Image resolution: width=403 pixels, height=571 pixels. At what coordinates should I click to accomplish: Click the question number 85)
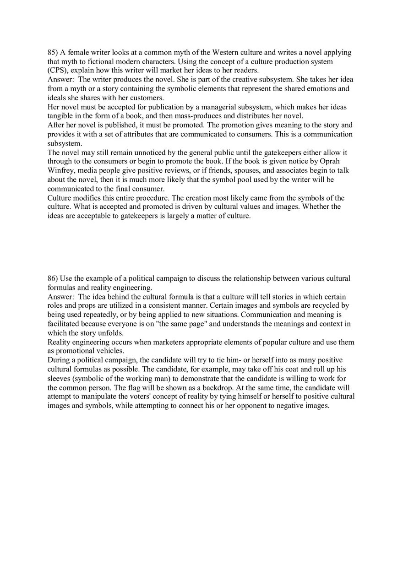point(53,53)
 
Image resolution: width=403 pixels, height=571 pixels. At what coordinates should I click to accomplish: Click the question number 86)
point(53,278)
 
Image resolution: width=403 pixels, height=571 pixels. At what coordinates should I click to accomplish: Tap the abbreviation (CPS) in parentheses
point(58,71)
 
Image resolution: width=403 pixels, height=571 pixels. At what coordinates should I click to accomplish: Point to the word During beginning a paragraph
point(59,360)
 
